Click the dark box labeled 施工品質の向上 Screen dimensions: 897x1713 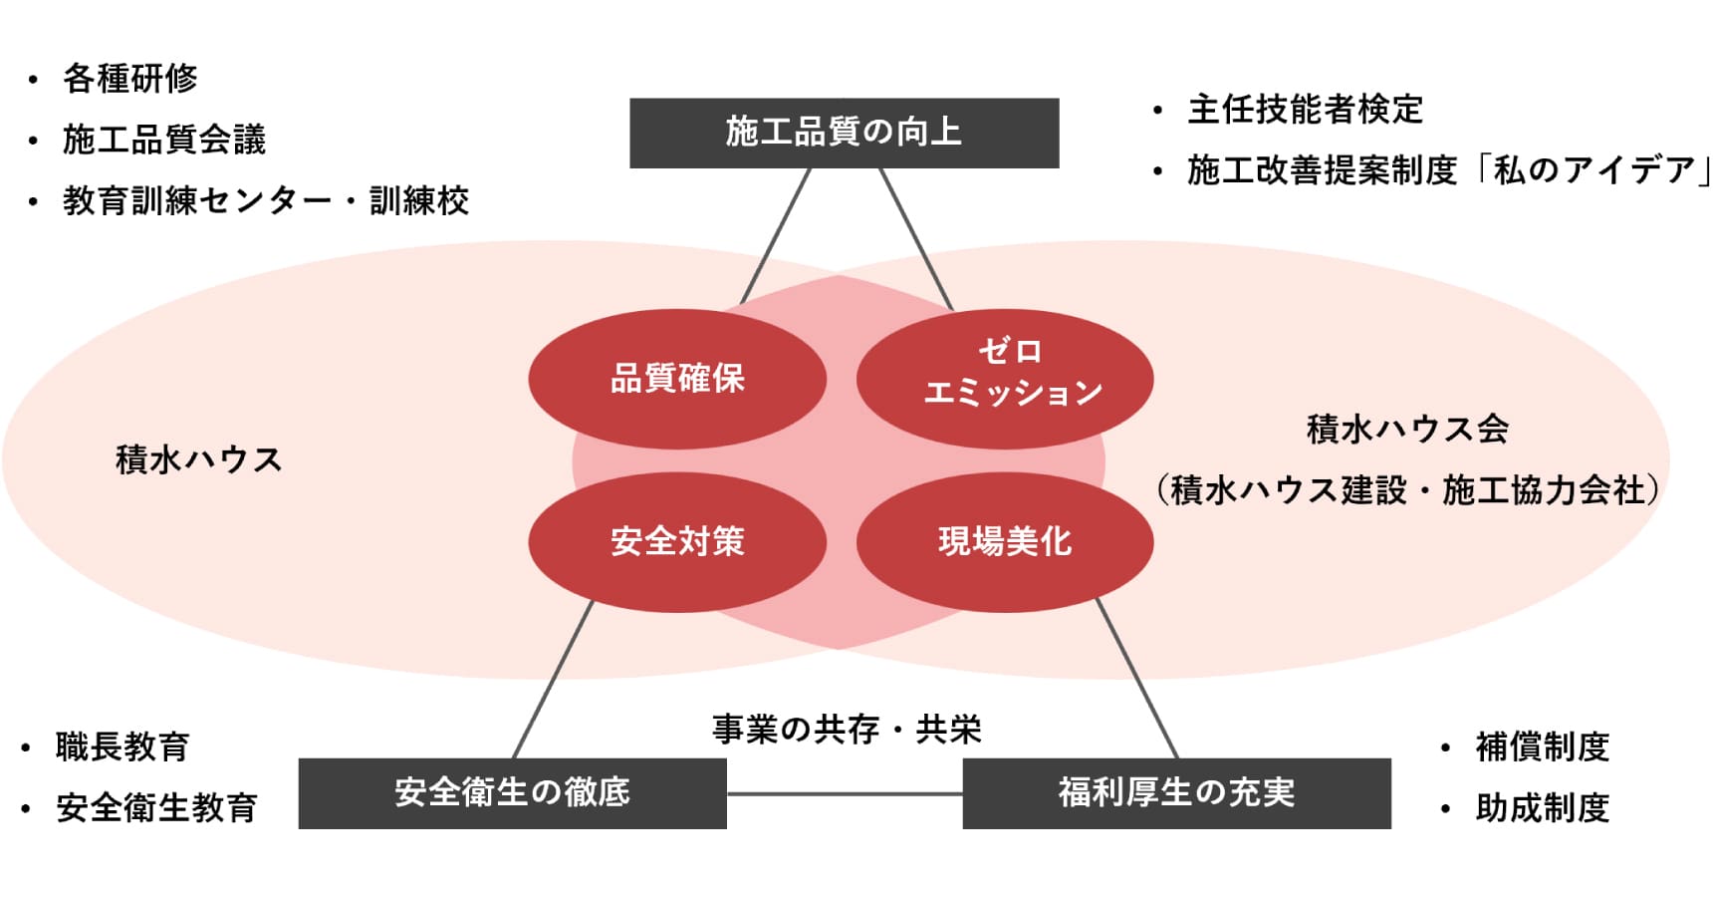click(844, 133)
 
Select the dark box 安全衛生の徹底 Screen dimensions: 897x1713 click(512, 793)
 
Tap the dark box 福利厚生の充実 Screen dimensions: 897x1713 click(1176, 793)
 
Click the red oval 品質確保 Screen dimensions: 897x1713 click(677, 379)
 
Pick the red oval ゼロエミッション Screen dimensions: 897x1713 click(1005, 378)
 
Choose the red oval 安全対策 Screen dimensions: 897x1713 click(677, 541)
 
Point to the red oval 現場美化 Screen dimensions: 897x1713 click(1005, 541)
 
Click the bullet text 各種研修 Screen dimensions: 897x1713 click(129, 79)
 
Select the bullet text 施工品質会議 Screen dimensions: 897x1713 click(164, 140)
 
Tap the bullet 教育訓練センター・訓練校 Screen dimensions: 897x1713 click(265, 200)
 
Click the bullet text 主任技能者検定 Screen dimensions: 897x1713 click(1305, 110)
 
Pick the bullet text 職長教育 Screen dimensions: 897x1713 click(122, 747)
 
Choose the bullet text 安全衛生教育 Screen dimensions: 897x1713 click(156, 807)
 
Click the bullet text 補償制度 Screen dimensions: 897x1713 click(1542, 747)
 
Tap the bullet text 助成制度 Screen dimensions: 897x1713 click(1542, 807)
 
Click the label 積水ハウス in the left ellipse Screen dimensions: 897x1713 click(199, 460)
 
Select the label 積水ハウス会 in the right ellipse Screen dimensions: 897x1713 click(1407, 430)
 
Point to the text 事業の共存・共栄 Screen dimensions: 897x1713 click(847, 730)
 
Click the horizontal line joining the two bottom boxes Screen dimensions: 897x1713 click(845, 794)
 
